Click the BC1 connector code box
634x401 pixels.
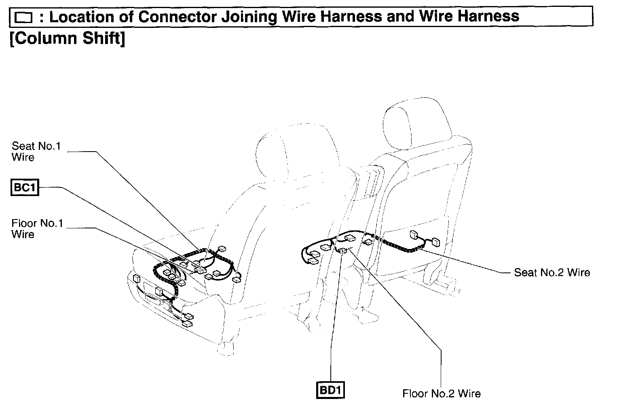[25, 188]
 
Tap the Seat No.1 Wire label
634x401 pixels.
[36, 152]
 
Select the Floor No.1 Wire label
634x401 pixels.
[37, 229]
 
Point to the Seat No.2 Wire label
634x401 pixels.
[552, 272]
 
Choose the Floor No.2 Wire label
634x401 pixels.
[442, 393]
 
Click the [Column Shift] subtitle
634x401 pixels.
[67, 38]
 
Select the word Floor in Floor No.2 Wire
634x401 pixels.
[415, 393]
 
